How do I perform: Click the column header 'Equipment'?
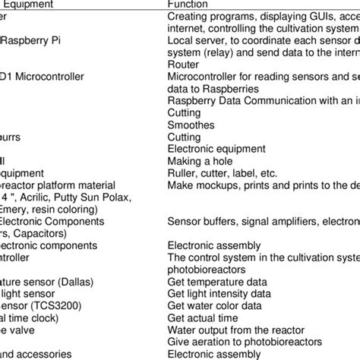(27, 5)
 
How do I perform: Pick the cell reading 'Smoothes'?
(191, 125)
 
